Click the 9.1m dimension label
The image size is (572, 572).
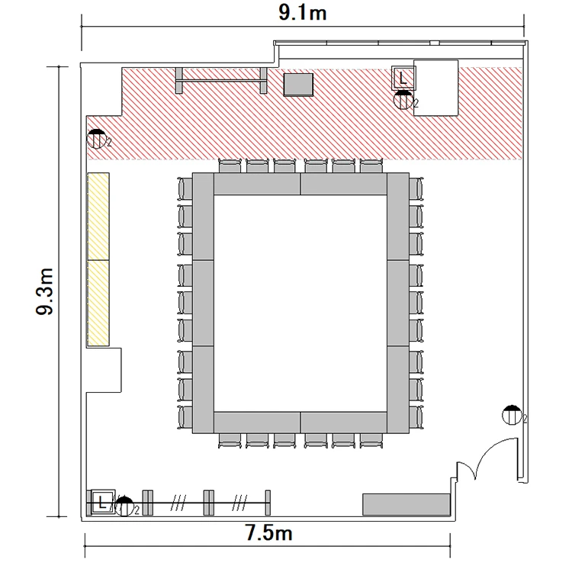point(303,13)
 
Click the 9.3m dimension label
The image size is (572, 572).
point(45,291)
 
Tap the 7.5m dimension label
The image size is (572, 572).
point(268,532)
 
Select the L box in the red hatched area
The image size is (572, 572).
point(403,78)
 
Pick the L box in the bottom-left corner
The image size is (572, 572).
point(102,503)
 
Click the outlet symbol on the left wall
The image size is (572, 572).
point(97,139)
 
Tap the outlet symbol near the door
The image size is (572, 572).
point(512,415)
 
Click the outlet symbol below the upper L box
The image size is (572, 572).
point(403,100)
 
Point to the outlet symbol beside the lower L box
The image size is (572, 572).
point(124,506)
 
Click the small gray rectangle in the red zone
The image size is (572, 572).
point(298,85)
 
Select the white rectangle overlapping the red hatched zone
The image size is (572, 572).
point(436,88)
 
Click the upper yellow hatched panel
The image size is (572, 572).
point(98,217)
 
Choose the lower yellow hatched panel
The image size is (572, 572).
point(98,303)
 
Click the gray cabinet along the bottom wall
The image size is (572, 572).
point(407,504)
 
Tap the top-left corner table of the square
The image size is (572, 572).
point(203,217)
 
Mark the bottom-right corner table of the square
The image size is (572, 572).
point(398,390)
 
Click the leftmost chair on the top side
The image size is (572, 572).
point(230,165)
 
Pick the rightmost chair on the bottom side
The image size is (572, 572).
point(371,441)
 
